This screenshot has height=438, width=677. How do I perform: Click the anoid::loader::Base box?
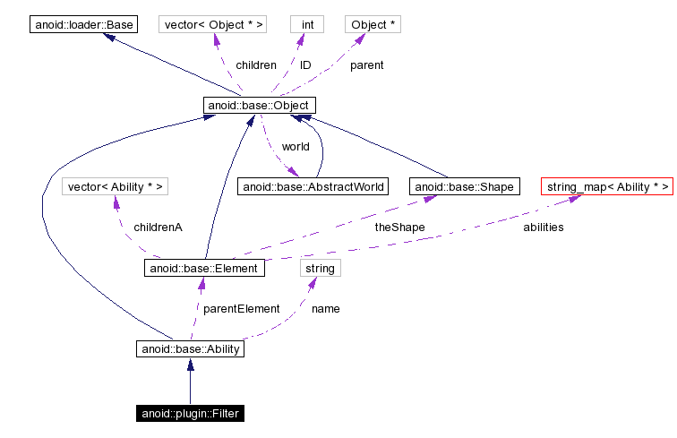tap(84, 24)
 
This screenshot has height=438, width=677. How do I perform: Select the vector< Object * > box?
tap(212, 24)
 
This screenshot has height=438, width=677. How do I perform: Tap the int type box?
tap(306, 24)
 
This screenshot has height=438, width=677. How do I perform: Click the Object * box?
tap(373, 24)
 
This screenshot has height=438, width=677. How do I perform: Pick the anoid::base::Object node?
tap(259, 106)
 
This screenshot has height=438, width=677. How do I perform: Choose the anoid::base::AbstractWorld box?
tap(313, 186)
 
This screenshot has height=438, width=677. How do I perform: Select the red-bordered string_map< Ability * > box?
tap(606, 186)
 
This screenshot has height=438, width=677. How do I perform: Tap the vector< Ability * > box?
tap(116, 186)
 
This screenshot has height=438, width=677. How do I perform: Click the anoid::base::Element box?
tap(204, 268)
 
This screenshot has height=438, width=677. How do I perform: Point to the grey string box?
tap(320, 268)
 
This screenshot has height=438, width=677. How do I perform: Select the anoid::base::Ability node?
tap(190, 348)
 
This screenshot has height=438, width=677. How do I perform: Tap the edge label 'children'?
tap(255, 65)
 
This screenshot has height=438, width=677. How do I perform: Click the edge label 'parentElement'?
tap(241, 308)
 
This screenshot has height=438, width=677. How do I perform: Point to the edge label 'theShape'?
tap(399, 228)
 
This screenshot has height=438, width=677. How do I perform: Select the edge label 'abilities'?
tap(543, 228)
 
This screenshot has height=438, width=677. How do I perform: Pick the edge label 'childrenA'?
tap(158, 228)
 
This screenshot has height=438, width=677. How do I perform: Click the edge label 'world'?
tap(296, 146)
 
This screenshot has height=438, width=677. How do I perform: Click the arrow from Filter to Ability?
tap(190, 381)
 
